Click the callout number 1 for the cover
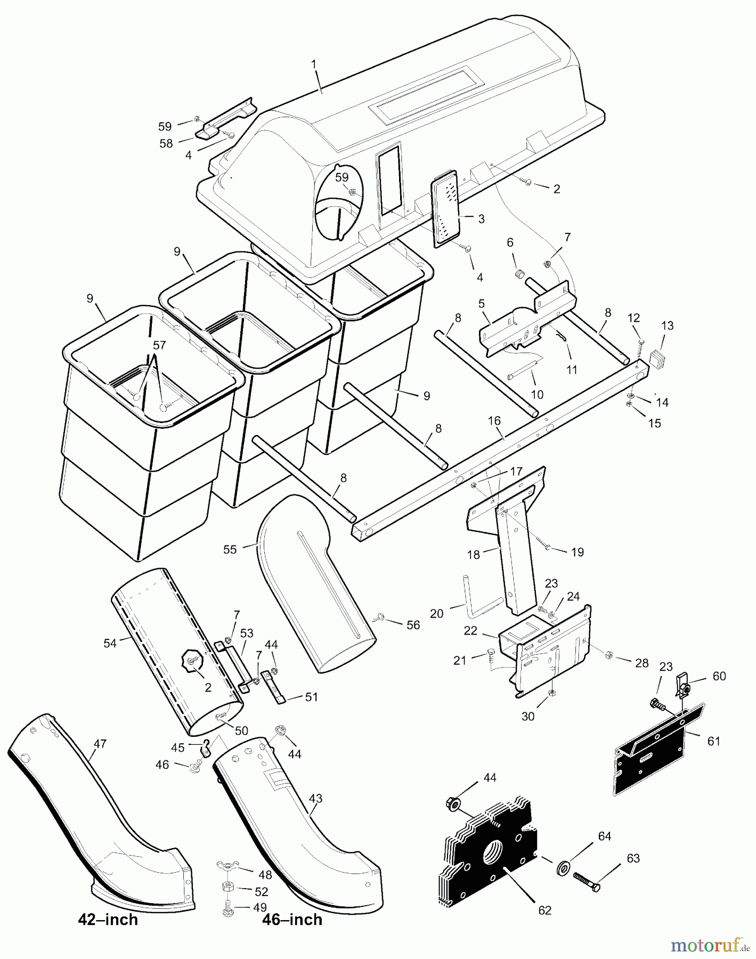point(314,64)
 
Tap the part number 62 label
point(544,911)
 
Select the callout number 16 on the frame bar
point(494,421)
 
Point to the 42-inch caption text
point(108,920)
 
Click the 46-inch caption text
point(292,920)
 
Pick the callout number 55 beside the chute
point(230,549)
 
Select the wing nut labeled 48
point(226,864)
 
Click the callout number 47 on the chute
point(100,744)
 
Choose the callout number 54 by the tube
point(110,643)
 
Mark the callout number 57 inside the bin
point(159,345)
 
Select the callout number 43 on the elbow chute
point(315,799)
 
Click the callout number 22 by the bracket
point(470,631)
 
